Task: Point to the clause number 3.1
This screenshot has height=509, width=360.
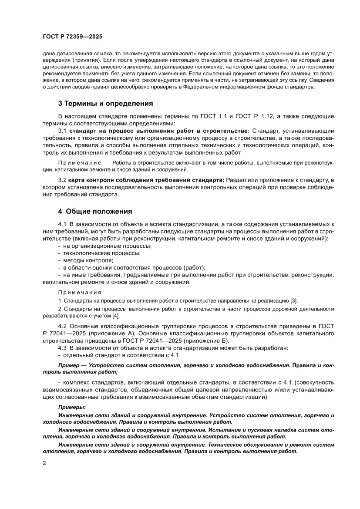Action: (63, 131)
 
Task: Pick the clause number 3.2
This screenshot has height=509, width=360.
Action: (63, 180)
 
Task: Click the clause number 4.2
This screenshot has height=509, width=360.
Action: (63, 326)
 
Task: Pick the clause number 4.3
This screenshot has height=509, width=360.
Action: (63, 347)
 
